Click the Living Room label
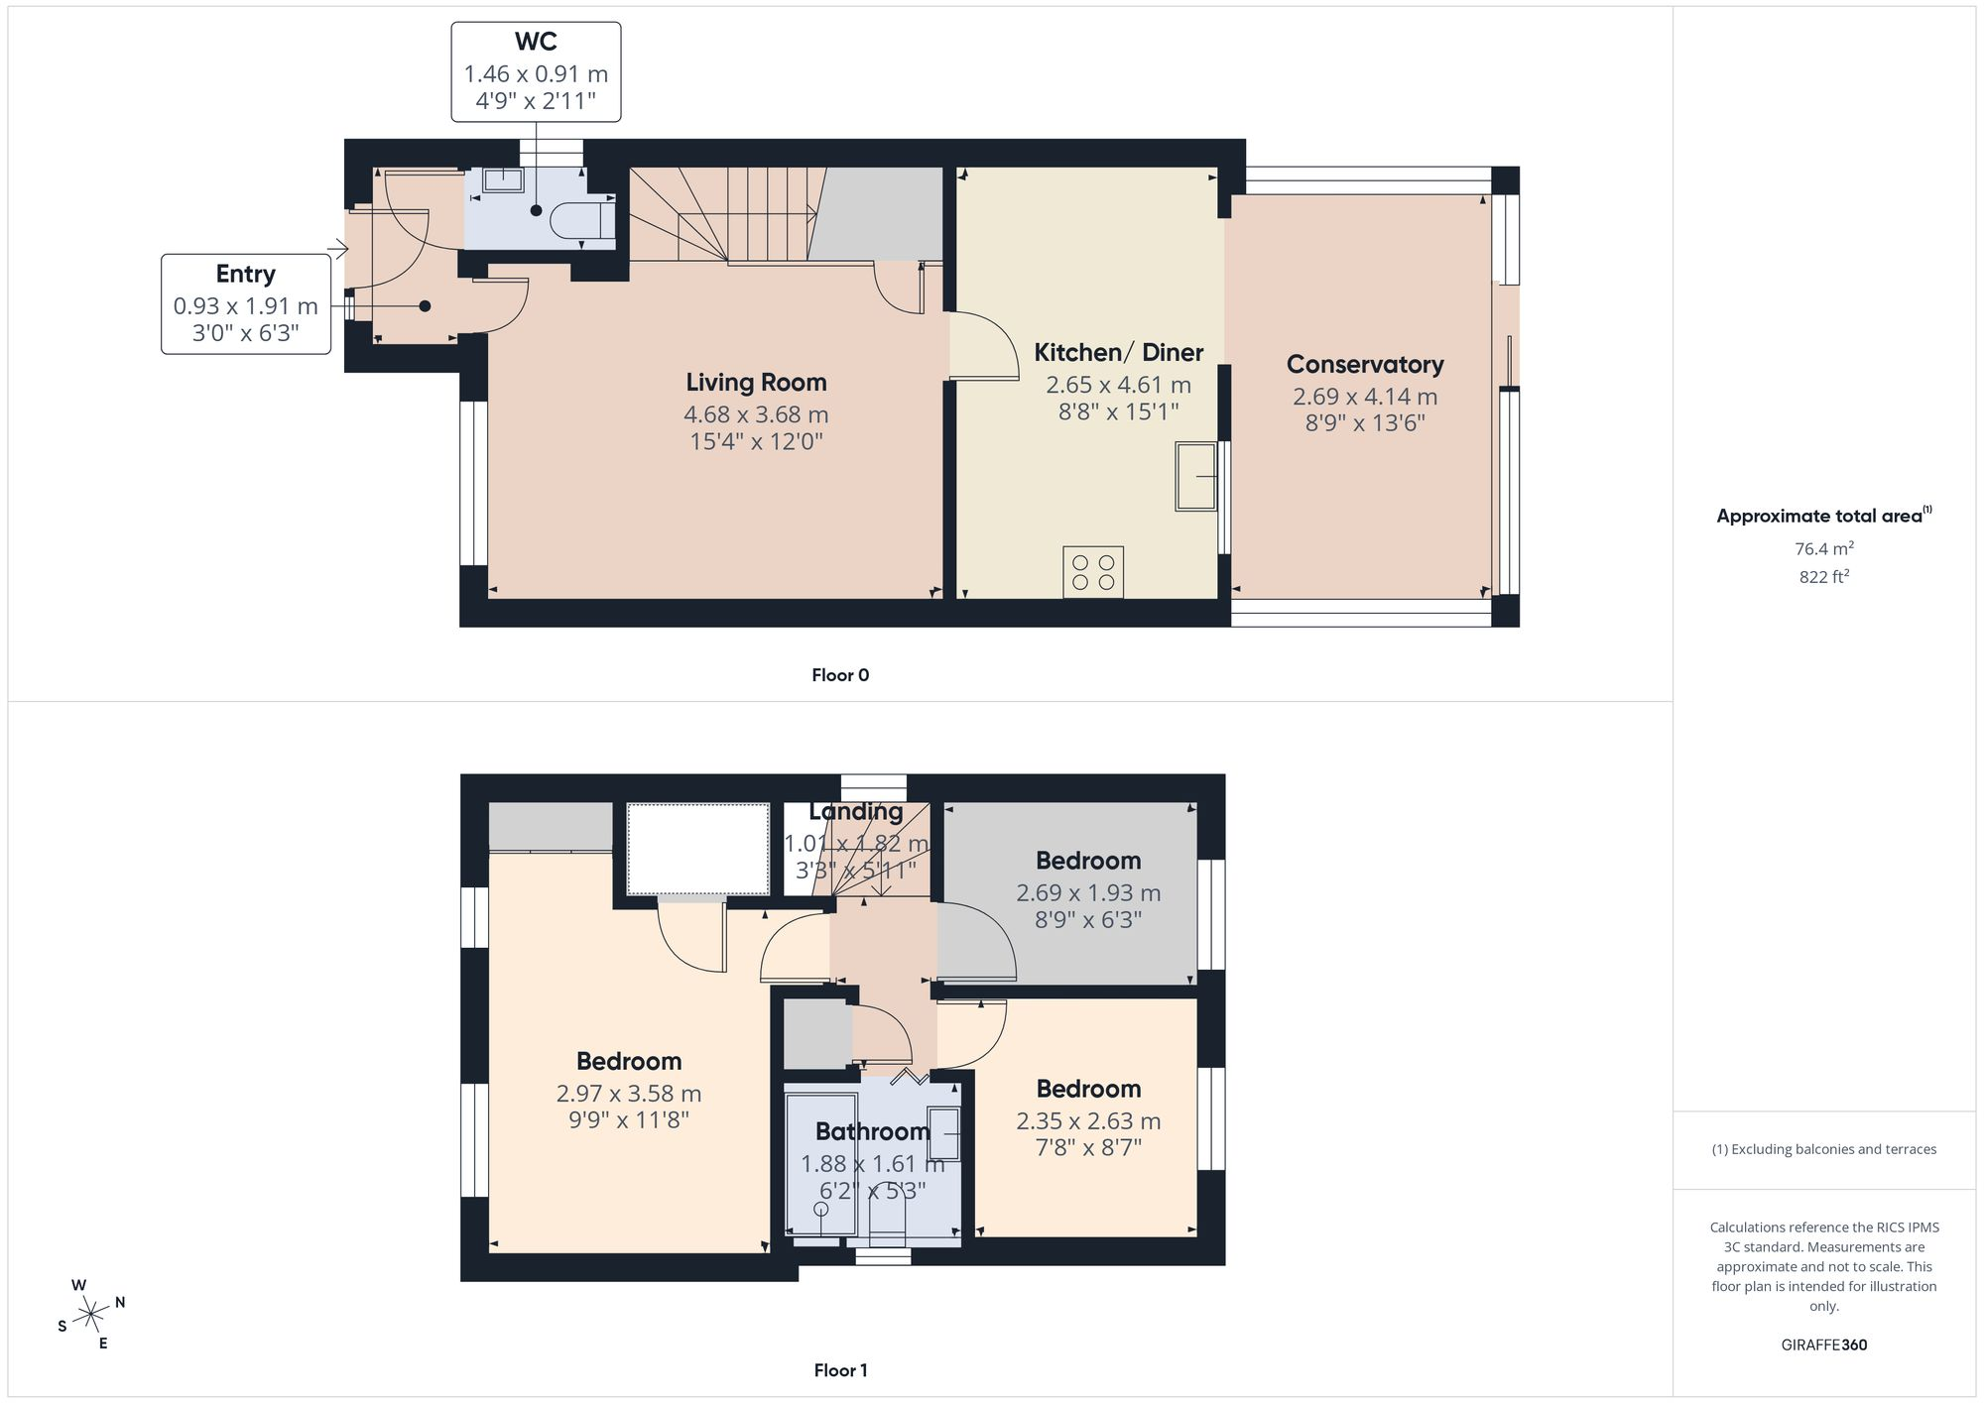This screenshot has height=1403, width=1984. tap(756, 383)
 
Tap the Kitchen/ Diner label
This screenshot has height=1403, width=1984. tap(1118, 352)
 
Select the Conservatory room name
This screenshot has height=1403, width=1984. tap(1365, 365)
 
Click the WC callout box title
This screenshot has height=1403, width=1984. tap(536, 42)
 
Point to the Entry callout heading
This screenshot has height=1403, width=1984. tap(246, 274)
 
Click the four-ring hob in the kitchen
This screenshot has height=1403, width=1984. tap(1093, 572)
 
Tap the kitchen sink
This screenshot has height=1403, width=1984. tap(1196, 476)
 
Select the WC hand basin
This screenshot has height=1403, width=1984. tap(504, 179)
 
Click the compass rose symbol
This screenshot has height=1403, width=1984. tap(91, 1315)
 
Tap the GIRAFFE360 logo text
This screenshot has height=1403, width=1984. tap(1823, 1345)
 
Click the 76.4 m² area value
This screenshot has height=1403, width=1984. tap(1823, 548)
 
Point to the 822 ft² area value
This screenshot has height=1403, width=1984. tap(1823, 576)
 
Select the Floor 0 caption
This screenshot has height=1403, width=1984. tap(840, 675)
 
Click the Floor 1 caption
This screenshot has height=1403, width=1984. tap(840, 1370)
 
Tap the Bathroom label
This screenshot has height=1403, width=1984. tap(873, 1131)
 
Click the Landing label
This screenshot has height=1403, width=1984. tap(856, 811)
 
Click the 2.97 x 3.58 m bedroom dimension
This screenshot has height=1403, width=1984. tap(629, 1094)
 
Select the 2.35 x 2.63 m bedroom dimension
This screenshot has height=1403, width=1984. tap(1088, 1121)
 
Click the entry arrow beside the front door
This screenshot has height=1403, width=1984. tap(338, 249)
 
